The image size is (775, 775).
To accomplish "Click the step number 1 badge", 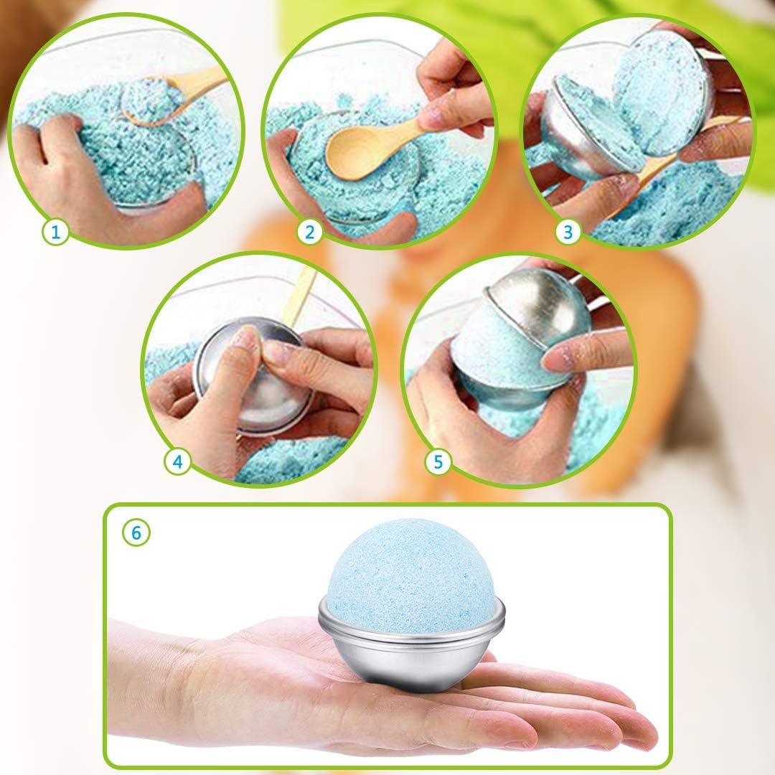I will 57,231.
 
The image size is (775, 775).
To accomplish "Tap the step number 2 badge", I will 310,231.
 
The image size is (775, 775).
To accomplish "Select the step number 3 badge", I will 568,231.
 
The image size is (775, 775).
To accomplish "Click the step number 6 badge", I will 136,532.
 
